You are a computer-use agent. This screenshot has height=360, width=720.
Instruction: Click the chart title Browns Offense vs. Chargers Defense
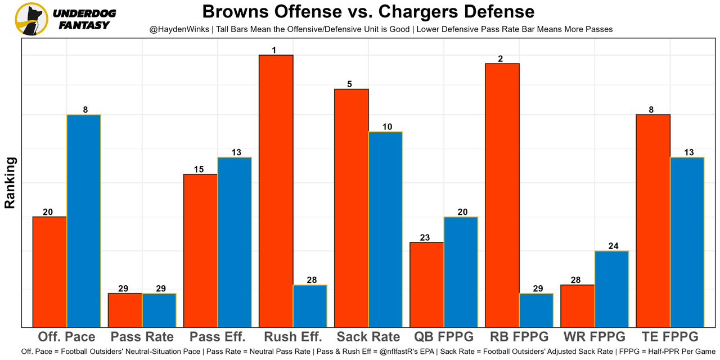(368, 12)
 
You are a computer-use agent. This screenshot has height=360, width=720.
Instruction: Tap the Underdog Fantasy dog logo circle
(31, 19)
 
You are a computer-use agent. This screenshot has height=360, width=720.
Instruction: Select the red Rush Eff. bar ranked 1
(276, 191)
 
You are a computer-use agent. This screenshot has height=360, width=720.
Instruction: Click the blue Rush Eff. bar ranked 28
(310, 306)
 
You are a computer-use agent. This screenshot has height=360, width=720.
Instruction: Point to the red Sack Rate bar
(351, 208)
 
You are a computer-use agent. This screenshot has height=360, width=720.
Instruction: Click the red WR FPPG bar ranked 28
(577, 306)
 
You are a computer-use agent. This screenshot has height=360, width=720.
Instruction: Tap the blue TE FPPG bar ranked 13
(687, 242)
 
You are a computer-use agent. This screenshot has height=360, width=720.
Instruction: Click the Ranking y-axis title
(10, 183)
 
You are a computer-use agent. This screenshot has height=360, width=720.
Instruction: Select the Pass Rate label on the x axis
(142, 337)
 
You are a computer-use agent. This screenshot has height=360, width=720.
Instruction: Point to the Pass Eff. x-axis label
(217, 337)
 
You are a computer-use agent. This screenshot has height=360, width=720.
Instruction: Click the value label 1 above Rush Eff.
(274, 50)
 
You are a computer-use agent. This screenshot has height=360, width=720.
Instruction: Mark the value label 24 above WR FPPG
(613, 246)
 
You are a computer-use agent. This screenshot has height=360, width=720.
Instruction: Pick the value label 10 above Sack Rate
(387, 127)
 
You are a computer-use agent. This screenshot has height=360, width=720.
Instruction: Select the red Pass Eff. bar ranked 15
(200, 250)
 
